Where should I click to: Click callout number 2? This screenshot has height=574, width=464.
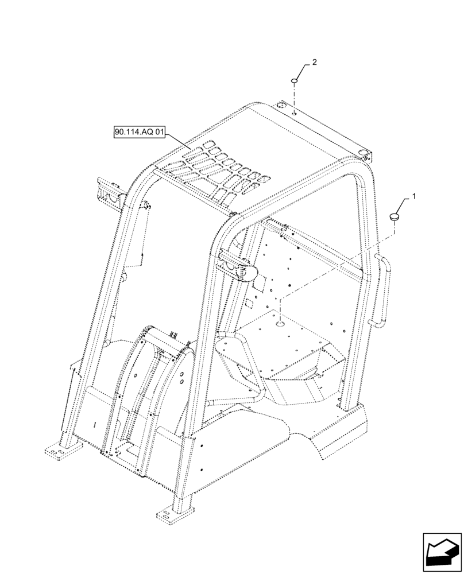click(x=314, y=61)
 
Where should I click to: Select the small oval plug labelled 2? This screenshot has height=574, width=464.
click(x=293, y=81)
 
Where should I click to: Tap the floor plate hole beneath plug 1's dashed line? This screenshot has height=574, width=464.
click(x=280, y=325)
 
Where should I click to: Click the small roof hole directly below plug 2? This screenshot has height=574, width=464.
click(x=293, y=114)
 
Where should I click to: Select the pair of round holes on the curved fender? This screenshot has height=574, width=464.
click(x=180, y=377)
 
